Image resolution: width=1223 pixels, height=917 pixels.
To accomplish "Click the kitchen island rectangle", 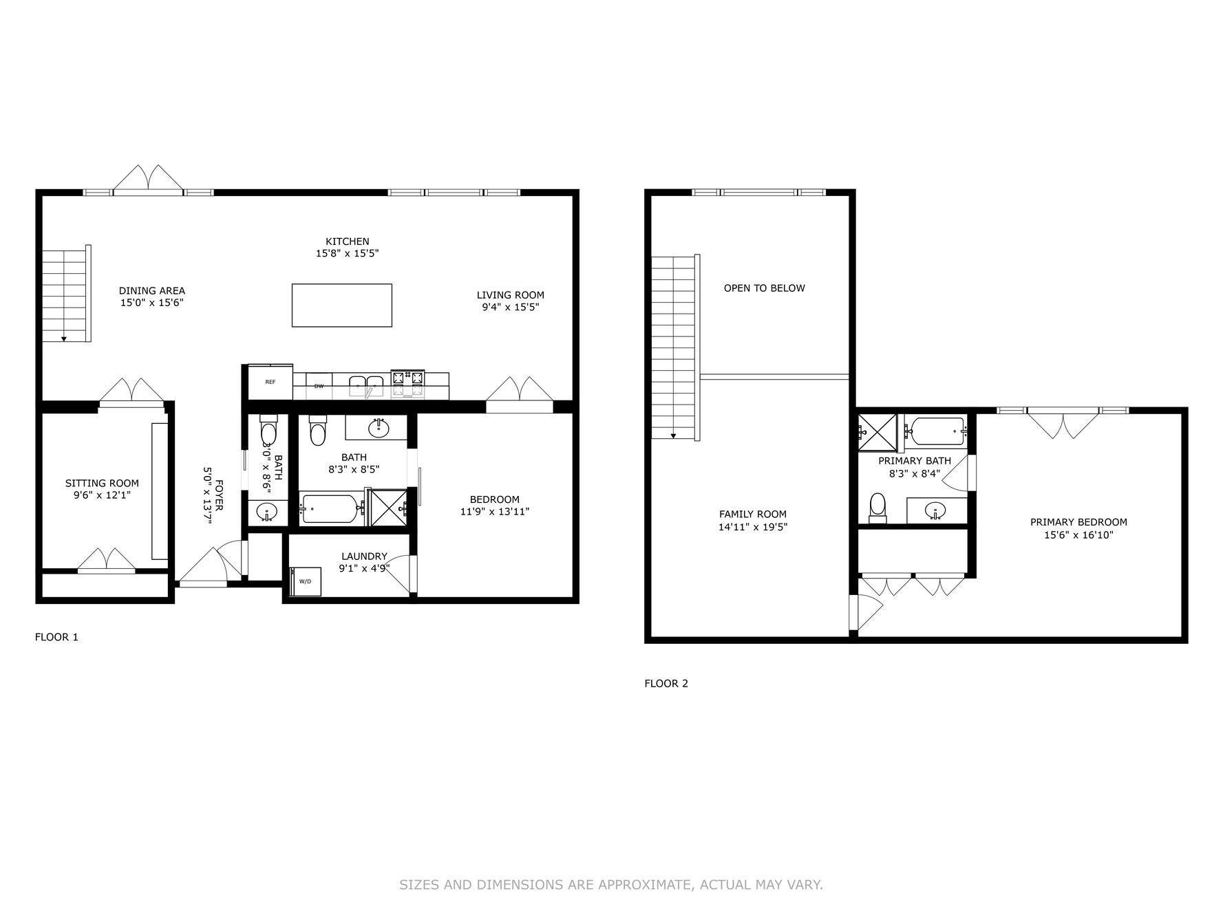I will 341,305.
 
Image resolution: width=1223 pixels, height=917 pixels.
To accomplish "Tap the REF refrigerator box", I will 270,382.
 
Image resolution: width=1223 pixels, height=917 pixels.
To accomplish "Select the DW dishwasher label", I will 319,386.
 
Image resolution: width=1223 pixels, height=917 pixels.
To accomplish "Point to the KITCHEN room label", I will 347,241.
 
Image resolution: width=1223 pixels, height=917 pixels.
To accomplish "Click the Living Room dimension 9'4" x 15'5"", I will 510,307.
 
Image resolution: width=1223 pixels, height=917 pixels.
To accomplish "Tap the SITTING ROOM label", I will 102,483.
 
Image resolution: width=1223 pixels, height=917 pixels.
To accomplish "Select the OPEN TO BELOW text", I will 764,288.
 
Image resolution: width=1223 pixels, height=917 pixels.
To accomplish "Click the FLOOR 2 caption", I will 666,683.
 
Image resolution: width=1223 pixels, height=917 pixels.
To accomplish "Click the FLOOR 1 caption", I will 56,637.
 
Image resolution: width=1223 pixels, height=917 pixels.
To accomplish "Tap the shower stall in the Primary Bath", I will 878,432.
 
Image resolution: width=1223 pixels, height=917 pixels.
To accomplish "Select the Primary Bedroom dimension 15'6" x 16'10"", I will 1078,535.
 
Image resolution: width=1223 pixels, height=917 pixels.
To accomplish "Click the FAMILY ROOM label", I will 752,514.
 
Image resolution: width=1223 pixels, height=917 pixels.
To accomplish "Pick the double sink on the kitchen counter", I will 365,384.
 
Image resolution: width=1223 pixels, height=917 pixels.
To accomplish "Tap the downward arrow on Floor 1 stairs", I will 64,338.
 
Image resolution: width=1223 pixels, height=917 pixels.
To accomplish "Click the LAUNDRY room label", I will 363,556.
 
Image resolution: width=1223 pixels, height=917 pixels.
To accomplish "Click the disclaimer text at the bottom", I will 610,885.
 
